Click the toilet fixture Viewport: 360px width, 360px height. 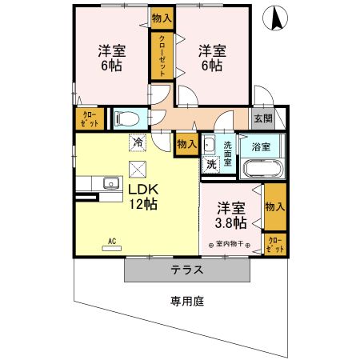tap(126, 118)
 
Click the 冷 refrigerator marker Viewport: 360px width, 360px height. tap(138, 143)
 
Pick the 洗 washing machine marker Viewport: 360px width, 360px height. tap(210, 163)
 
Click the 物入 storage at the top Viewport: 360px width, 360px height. tap(161, 17)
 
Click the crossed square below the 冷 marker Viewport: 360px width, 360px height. tap(138, 169)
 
